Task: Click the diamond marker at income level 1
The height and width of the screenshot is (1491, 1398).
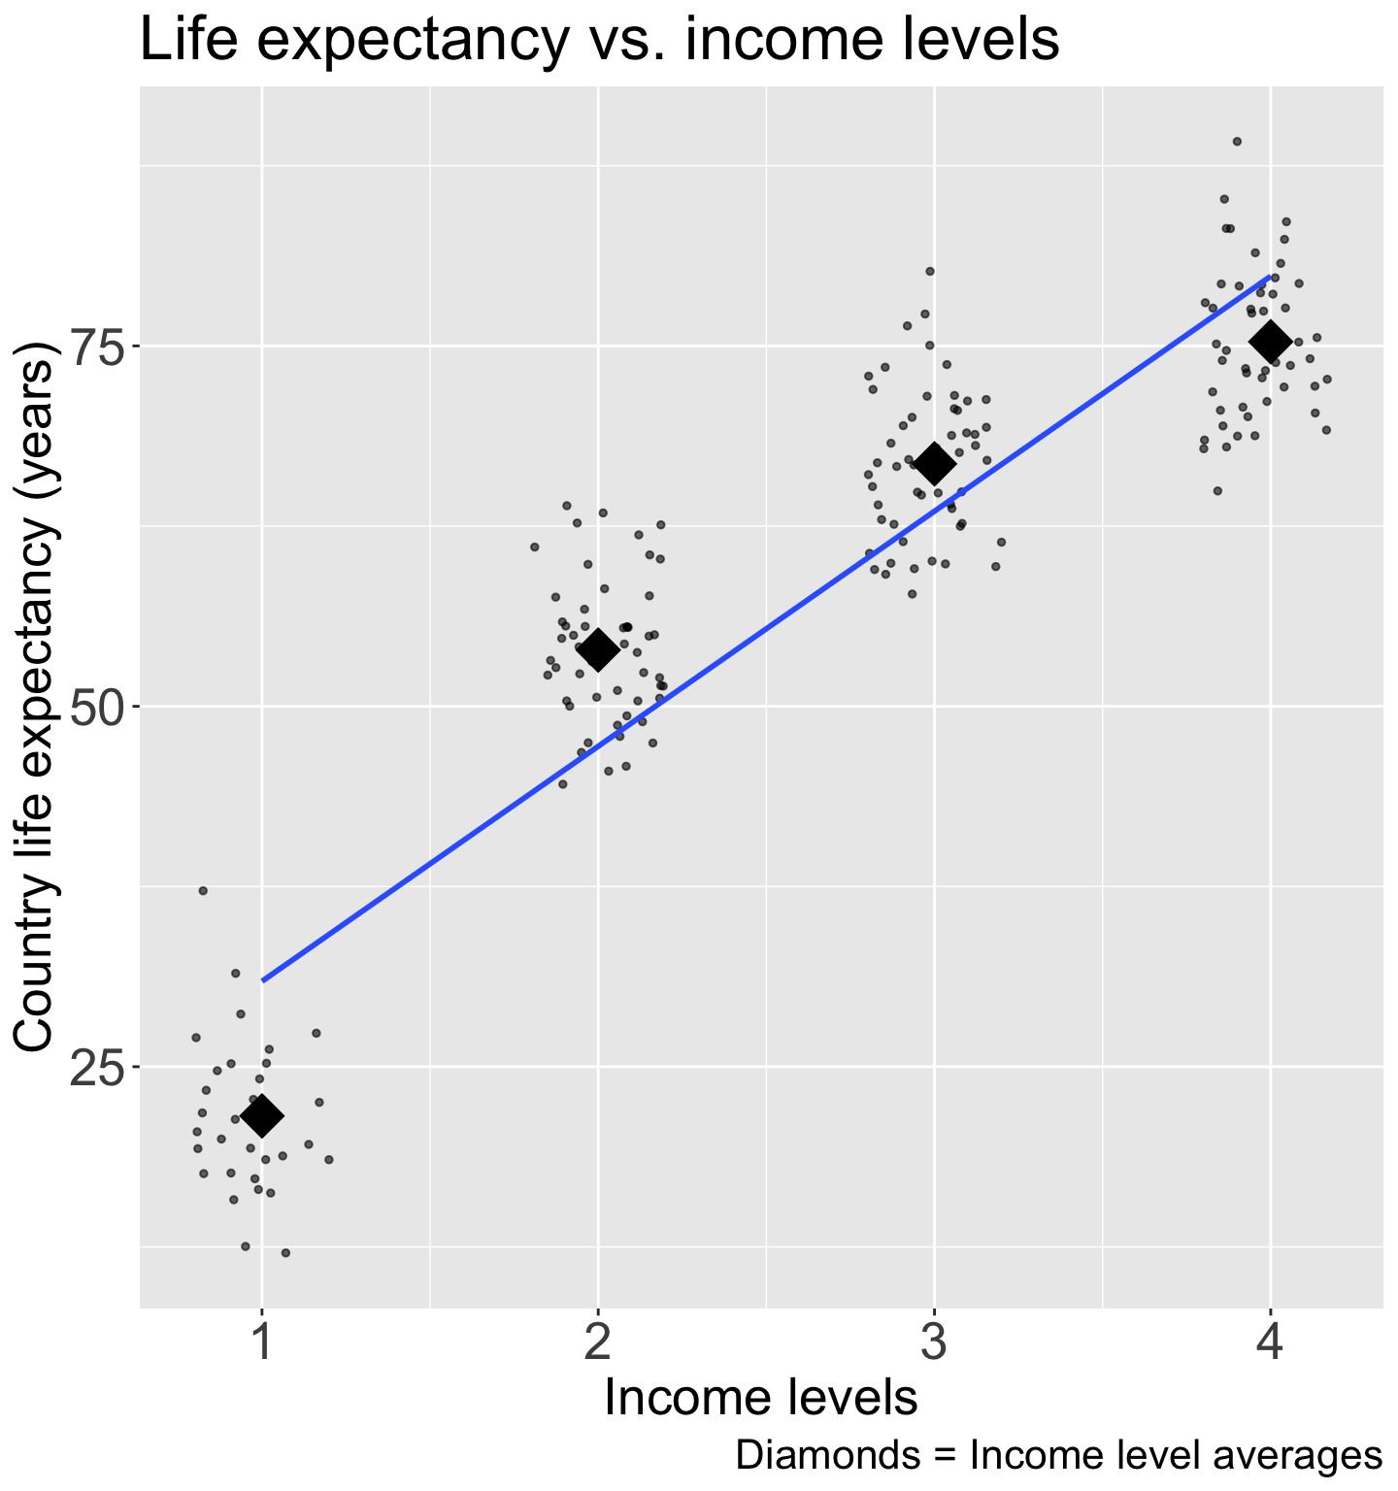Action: point(261,1116)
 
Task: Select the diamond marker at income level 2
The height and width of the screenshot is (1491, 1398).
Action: point(597,649)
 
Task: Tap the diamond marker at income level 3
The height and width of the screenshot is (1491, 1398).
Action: point(934,464)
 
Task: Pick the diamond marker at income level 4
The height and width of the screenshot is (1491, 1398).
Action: point(1270,341)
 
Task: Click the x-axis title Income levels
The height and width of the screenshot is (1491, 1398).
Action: point(761,1399)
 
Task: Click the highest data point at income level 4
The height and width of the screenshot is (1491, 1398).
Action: point(1237,142)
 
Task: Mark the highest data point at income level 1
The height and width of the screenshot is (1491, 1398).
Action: point(203,890)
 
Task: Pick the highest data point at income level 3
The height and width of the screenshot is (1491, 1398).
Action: point(929,271)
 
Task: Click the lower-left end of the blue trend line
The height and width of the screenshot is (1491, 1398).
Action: point(263,980)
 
